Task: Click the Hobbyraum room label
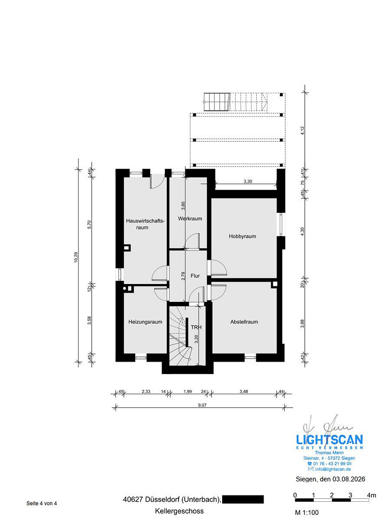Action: [242, 236]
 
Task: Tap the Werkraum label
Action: [190, 219]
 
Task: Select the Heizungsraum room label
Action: [145, 322]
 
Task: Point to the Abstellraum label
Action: [244, 322]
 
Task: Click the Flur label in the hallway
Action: [195, 275]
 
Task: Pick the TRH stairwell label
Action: [196, 327]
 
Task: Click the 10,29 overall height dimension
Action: [76, 258]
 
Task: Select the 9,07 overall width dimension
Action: [202, 405]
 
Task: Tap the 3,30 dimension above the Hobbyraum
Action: [248, 182]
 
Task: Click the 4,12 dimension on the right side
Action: [302, 130]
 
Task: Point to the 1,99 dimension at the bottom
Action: [188, 391]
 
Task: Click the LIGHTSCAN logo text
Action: [329, 440]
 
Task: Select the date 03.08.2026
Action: [349, 479]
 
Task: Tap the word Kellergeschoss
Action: [179, 511]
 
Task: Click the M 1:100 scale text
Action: [307, 512]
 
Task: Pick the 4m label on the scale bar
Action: [372, 495]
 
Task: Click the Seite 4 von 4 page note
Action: [42, 503]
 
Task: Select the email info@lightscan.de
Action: [333, 469]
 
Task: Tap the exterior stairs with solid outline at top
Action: [217, 102]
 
